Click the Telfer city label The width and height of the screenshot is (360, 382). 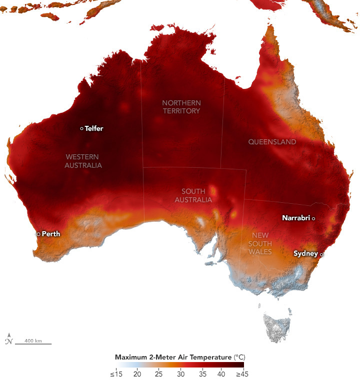coord(94,128)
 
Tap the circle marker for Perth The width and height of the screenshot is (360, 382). coord(38,234)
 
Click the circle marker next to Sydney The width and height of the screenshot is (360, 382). coord(322,254)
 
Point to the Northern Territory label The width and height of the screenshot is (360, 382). coord(181,107)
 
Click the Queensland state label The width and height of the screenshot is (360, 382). coord(272,142)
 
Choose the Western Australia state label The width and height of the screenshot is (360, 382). coord(83,161)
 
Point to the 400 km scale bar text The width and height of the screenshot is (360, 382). coord(32,341)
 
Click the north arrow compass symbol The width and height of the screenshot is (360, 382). coord(8,340)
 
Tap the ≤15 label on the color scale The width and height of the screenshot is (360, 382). coord(115,374)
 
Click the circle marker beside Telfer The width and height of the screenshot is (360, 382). coord(82,128)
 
